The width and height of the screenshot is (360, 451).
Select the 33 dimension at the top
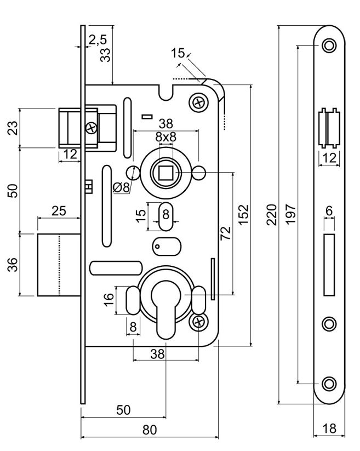pos(106,54)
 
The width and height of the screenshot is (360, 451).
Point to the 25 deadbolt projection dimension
pos(59,210)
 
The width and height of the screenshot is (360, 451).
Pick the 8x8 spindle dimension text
pos(165,137)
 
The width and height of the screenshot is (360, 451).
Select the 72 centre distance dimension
pos(224,232)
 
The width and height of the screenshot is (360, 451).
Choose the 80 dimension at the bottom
pos(150,430)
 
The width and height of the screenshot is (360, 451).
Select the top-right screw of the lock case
pos(197,101)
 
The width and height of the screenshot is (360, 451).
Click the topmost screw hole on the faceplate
pos(329,45)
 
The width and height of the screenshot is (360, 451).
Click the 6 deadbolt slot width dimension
pos(329,210)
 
